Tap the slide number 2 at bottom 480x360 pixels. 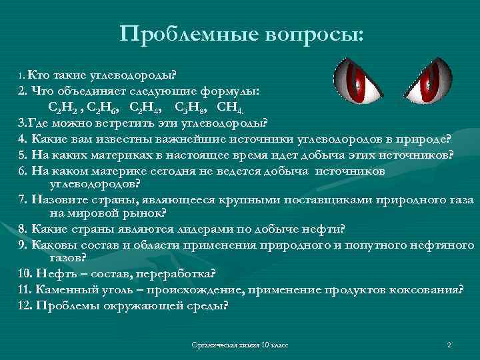tap(449, 345)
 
